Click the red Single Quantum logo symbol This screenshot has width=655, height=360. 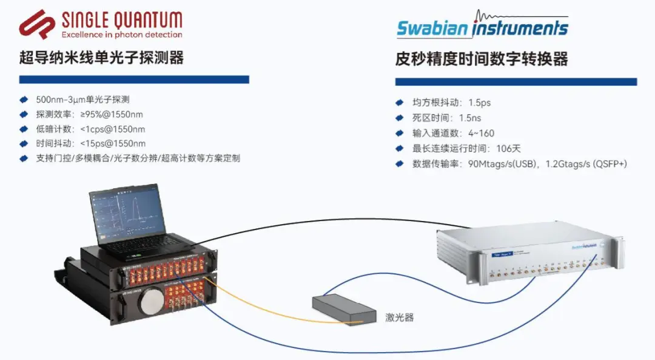[38, 25]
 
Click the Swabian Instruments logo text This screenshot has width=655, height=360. [482, 28]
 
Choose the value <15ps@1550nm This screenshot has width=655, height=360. [113, 144]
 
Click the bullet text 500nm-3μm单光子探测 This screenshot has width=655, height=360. [83, 100]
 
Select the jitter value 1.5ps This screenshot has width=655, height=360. [480, 103]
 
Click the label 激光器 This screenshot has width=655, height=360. [399, 317]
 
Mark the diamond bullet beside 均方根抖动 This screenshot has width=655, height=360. [399, 103]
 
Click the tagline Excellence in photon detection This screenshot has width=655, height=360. [121, 35]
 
